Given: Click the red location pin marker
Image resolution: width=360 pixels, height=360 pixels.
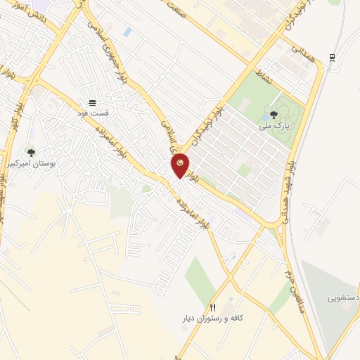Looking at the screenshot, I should click(x=180, y=165).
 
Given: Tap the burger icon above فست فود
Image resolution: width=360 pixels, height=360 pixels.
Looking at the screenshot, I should click(x=93, y=103).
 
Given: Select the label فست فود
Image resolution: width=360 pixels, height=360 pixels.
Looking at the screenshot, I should click(x=93, y=112).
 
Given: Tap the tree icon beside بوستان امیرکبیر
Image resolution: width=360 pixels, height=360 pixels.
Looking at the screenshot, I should click(x=30, y=152).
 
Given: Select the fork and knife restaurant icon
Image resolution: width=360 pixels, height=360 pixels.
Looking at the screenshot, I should click(x=213, y=308).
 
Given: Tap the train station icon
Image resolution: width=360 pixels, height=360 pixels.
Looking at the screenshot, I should click(x=331, y=58).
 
